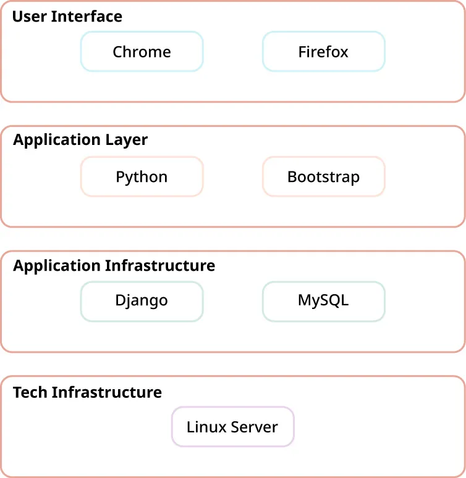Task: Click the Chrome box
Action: point(142,52)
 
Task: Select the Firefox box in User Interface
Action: point(323,52)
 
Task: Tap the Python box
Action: point(142,177)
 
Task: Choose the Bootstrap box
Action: point(323,177)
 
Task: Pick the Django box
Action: point(142,301)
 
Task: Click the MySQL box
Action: point(323,301)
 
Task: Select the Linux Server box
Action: point(232,427)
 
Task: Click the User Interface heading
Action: point(67,16)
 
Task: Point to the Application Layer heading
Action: point(80,140)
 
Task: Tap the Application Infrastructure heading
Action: point(114,266)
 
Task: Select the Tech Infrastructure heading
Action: point(87,392)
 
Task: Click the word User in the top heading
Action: point(29,16)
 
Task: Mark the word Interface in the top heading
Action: point(87,16)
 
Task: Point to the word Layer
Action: point(127,141)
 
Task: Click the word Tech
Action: point(30,392)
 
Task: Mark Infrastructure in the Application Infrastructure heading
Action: point(160,266)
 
